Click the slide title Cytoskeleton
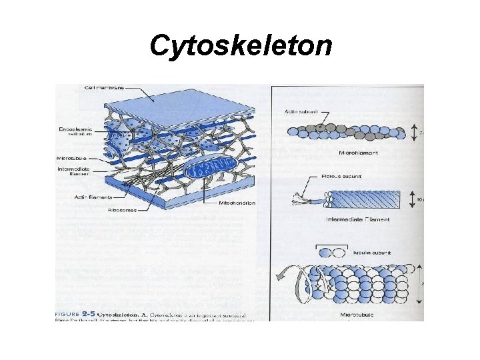(240, 46)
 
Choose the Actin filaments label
(93, 197)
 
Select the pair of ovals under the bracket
(333, 253)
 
